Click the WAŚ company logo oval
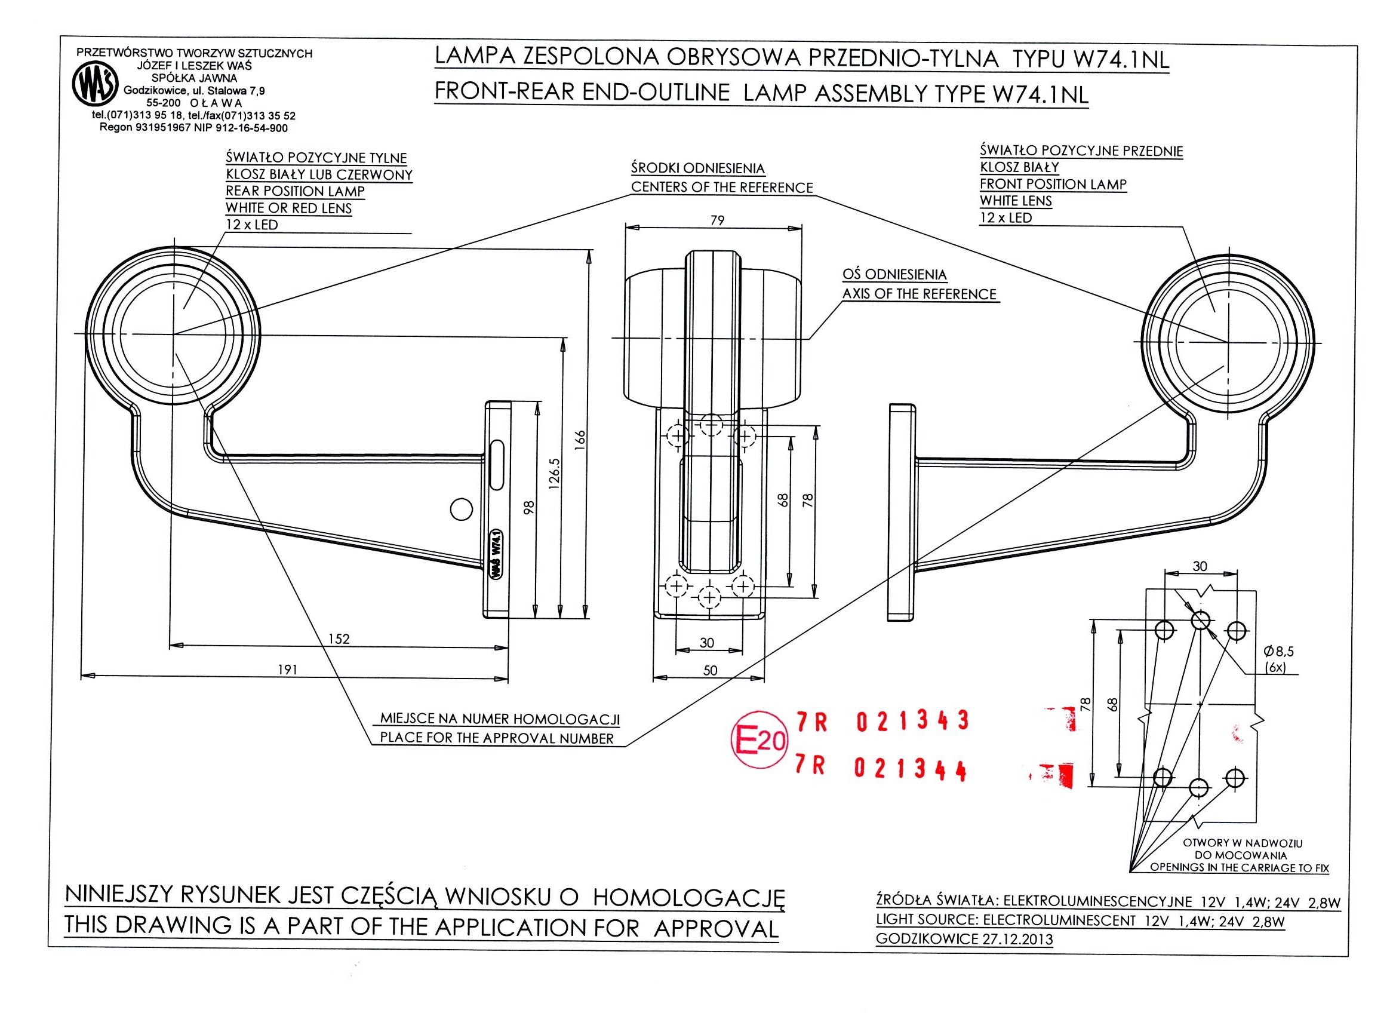[95, 85]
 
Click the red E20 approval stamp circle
[759, 742]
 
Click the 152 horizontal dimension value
[339, 639]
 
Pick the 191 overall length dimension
[288, 670]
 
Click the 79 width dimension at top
[717, 220]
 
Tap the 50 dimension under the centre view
[709, 670]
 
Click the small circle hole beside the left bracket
[461, 509]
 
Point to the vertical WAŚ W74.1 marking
[496, 554]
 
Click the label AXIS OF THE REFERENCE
[919, 294]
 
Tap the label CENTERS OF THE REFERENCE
[722, 188]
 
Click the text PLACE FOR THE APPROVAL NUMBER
[497, 738]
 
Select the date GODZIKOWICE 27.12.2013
[964, 939]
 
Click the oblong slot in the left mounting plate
[496, 464]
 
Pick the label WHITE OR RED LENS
[289, 208]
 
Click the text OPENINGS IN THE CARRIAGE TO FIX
[1240, 868]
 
